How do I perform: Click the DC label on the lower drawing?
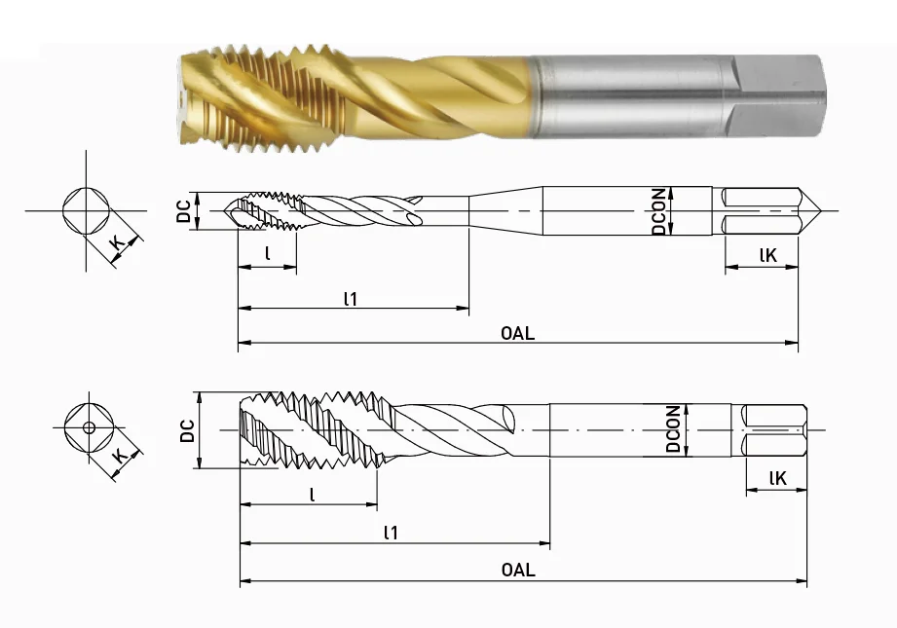185,430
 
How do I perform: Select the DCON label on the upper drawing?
659,210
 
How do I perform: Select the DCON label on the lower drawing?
672,429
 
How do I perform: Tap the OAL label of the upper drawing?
517,332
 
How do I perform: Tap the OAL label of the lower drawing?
517,571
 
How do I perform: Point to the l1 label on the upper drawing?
351,299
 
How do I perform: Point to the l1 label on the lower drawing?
391,532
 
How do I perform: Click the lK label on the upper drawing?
766,255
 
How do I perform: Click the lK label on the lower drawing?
777,477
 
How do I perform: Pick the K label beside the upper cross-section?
117,241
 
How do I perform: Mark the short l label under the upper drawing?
267,254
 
